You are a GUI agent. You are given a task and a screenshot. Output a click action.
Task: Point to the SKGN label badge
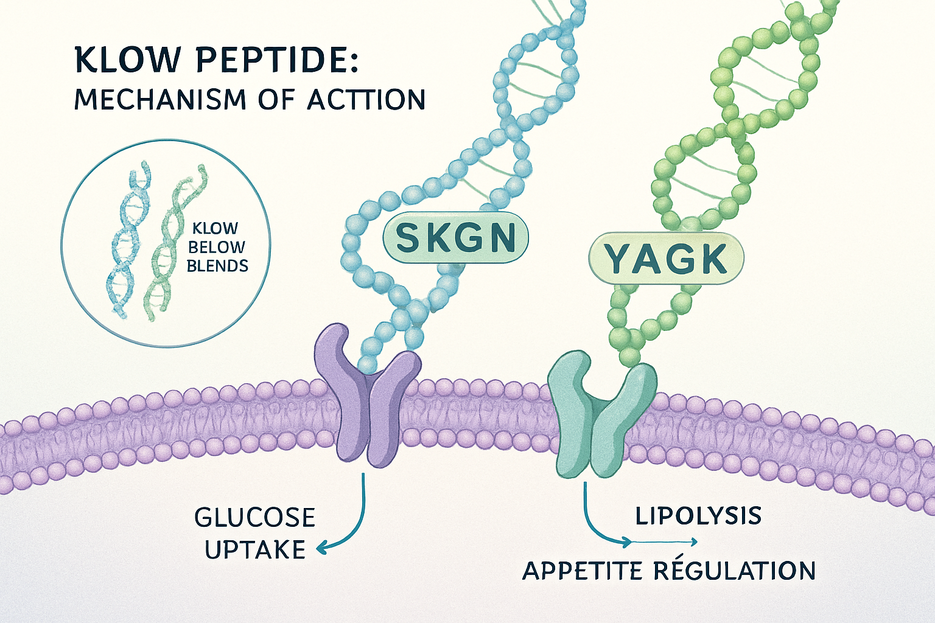tap(455, 238)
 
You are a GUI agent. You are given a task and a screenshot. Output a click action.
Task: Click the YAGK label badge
tap(666, 259)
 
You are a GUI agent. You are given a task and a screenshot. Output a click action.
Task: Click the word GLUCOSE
tap(255, 518)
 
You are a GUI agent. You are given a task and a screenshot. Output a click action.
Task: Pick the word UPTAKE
tap(255, 550)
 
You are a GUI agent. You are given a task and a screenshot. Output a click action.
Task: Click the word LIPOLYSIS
tap(698, 516)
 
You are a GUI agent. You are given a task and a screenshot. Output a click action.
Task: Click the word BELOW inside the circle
tap(216, 248)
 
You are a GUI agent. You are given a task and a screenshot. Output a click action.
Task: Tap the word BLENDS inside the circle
tap(217, 266)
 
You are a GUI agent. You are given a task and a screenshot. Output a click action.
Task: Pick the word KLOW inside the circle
tap(215, 229)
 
